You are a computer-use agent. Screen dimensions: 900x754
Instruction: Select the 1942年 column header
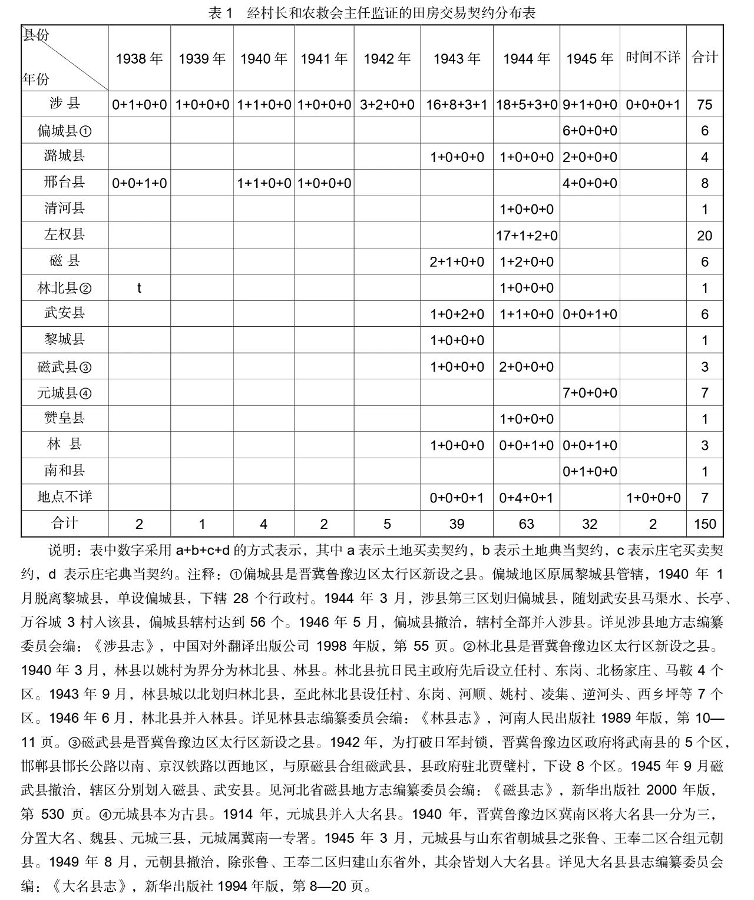[x=387, y=58]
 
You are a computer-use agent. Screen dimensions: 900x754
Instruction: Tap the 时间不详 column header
[x=653, y=57]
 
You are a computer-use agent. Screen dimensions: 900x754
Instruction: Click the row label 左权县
[x=64, y=234]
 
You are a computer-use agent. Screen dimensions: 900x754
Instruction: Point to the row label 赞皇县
[x=64, y=418]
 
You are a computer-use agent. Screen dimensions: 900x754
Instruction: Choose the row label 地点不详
[x=64, y=497]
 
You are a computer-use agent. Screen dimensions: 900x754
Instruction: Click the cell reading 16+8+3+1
[x=457, y=105]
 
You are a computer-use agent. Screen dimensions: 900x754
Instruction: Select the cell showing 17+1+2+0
[x=526, y=236]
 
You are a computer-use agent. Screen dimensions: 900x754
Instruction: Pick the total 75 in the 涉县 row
[x=705, y=105]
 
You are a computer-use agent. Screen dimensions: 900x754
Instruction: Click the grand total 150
[x=705, y=524]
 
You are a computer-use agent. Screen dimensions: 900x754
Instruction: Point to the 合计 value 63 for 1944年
[x=526, y=524]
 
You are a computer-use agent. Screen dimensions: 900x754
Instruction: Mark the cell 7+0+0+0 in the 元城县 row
[x=590, y=393]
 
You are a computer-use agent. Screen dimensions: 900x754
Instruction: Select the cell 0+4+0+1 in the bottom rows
[x=526, y=498]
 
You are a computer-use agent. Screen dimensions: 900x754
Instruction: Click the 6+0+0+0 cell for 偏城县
[x=590, y=131]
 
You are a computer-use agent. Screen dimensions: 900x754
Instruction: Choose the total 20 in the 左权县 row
[x=705, y=236]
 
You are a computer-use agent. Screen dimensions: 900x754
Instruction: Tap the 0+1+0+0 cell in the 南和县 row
[x=590, y=472]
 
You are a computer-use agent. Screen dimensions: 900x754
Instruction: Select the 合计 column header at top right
[x=705, y=57]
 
